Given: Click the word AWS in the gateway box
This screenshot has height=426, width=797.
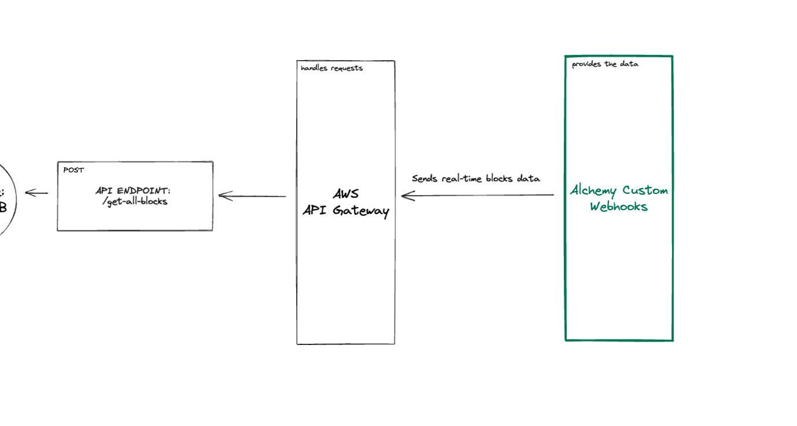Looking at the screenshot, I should coord(346,194).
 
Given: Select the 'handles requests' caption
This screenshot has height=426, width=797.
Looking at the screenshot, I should coord(331,68).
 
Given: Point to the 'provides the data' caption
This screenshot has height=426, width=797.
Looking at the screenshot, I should coord(605,64).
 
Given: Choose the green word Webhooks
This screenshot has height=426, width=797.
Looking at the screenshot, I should coord(619,207).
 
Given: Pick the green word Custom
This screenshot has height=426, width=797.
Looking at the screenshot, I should coord(645,190).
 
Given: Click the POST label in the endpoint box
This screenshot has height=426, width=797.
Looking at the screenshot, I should coord(73,170).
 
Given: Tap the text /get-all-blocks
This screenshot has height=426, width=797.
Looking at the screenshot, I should coord(134,201).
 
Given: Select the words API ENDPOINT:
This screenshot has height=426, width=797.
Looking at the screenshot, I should coord(133,190).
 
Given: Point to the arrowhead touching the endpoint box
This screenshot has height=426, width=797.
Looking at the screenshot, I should coord(224,196).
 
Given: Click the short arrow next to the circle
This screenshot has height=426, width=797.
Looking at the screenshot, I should coord(36,193).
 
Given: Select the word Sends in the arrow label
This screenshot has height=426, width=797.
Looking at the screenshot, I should coord(425,178).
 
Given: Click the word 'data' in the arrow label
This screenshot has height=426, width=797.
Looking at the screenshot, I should coord(529,178).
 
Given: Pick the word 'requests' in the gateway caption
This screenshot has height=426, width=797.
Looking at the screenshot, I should coord(346,68).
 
